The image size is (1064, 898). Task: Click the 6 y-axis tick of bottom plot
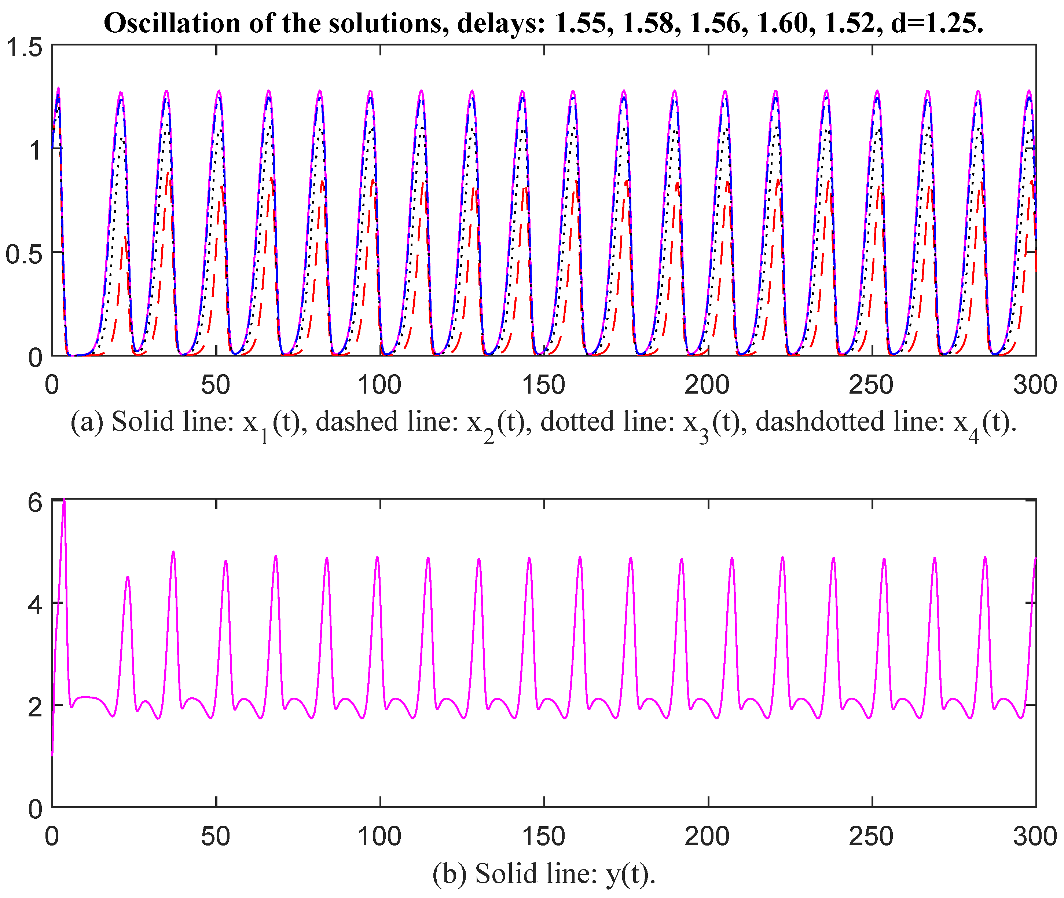click(x=34, y=503)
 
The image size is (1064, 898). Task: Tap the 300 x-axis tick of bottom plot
click(x=1035, y=836)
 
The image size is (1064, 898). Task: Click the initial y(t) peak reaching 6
click(x=64, y=501)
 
